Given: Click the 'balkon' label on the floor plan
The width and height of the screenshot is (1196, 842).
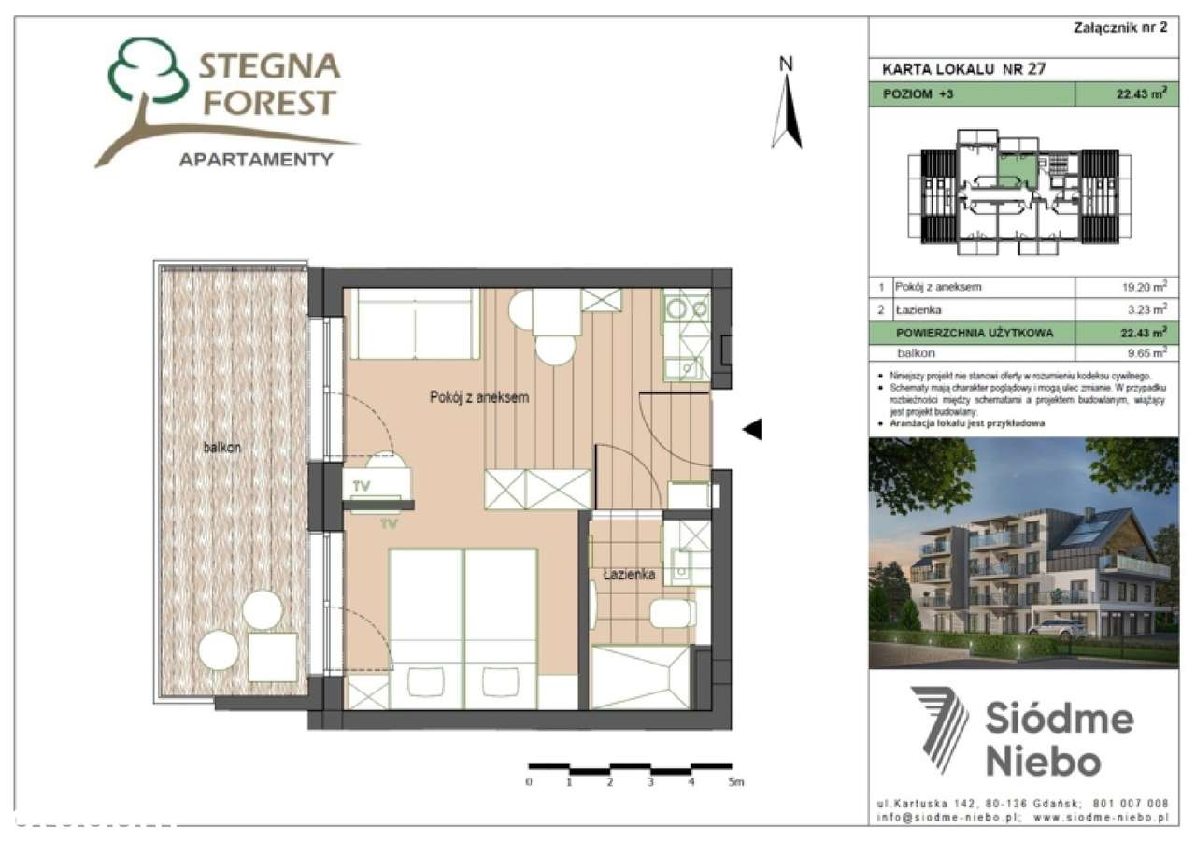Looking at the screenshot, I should pos(222,448).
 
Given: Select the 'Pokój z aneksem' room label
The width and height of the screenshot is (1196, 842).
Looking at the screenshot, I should pos(479,397).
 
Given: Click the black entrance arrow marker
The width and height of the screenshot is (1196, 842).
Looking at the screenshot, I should pos(752,429).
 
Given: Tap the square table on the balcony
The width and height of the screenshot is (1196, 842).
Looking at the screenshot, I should pos(273,657).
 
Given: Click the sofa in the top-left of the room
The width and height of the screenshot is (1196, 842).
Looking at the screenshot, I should pos(412,324).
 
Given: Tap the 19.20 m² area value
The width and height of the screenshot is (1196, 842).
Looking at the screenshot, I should pos(1146,287).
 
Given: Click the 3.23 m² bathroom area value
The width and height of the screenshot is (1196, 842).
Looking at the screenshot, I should pos(1148,309).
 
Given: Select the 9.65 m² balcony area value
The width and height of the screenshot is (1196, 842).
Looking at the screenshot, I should pos(1146,353).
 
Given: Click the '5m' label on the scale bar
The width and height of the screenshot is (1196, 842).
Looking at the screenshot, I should pos(735,781).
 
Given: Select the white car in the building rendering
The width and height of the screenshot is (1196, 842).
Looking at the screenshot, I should pos(1053,627).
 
